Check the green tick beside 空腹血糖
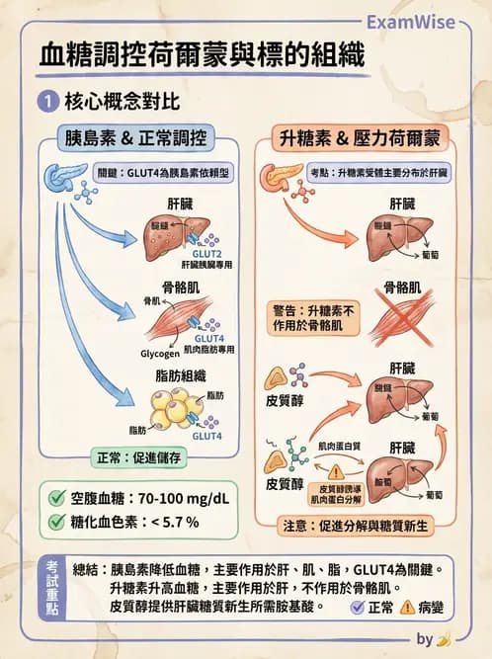[56, 497]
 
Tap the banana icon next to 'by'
[444, 639]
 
